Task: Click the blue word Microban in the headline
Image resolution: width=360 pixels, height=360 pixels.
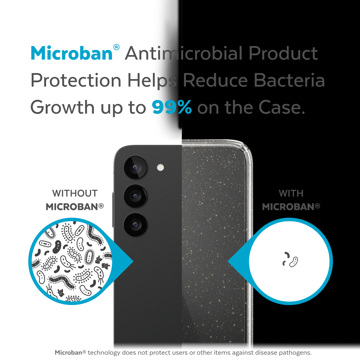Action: point(72,53)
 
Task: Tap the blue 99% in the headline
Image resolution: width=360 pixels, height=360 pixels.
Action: point(172,107)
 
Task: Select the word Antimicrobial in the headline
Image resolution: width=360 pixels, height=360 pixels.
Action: point(184,53)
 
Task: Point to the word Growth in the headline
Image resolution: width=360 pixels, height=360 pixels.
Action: point(62,107)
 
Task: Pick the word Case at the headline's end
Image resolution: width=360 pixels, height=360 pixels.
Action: point(282,107)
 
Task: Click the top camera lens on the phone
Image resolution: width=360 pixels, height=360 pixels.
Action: point(135,167)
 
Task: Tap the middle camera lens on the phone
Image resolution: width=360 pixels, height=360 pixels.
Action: point(135,196)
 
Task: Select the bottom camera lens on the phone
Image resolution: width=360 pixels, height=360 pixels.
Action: point(135,225)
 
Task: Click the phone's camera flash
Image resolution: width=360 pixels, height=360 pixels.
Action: point(160,167)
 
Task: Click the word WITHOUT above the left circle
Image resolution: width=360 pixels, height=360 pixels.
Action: point(75,193)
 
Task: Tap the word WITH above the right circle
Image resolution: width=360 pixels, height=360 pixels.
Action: point(291,193)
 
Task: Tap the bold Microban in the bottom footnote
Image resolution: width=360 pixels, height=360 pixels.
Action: point(69,352)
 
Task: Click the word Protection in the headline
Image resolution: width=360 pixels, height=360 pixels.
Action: point(76,80)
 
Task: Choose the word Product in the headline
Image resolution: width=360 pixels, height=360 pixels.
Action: point(283,53)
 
